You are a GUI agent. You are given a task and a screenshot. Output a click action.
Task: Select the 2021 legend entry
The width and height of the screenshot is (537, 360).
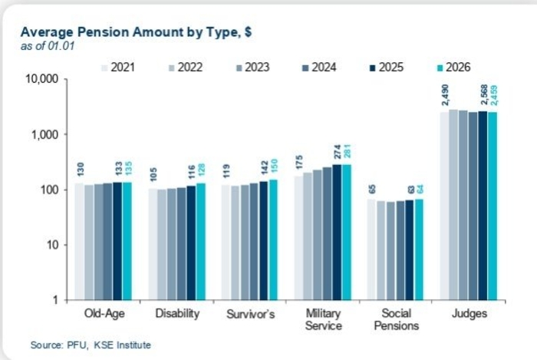[x=123, y=68]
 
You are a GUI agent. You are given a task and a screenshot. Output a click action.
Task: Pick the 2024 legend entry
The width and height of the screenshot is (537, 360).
[x=323, y=68]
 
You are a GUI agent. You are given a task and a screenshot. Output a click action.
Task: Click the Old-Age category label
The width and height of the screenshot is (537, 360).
[x=104, y=314]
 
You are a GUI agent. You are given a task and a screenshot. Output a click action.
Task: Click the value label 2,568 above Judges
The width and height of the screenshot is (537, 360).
[x=483, y=97]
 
